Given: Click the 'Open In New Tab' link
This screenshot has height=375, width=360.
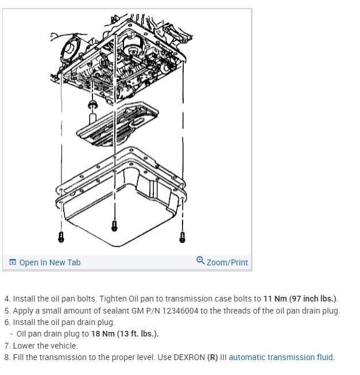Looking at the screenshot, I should (49, 262).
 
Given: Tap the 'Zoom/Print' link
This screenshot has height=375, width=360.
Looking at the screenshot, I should (227, 262).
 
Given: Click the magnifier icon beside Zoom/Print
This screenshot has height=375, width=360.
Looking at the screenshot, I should (200, 261).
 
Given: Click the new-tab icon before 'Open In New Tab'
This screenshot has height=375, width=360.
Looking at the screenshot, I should (13, 262).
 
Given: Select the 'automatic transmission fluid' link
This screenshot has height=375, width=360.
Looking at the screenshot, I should (280, 357).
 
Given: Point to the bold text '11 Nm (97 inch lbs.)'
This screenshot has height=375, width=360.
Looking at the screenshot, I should (300, 299).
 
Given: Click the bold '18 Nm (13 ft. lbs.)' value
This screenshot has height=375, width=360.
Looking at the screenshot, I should (125, 334).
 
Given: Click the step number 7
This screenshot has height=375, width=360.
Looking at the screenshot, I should (7, 346).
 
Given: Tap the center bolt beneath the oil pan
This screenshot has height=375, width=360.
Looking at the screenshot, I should (114, 225).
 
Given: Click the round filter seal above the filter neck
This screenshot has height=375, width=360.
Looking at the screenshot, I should (91, 105).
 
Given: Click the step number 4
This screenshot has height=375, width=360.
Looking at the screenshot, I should (7, 299).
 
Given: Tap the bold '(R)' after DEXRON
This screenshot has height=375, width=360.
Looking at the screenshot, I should (213, 357).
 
